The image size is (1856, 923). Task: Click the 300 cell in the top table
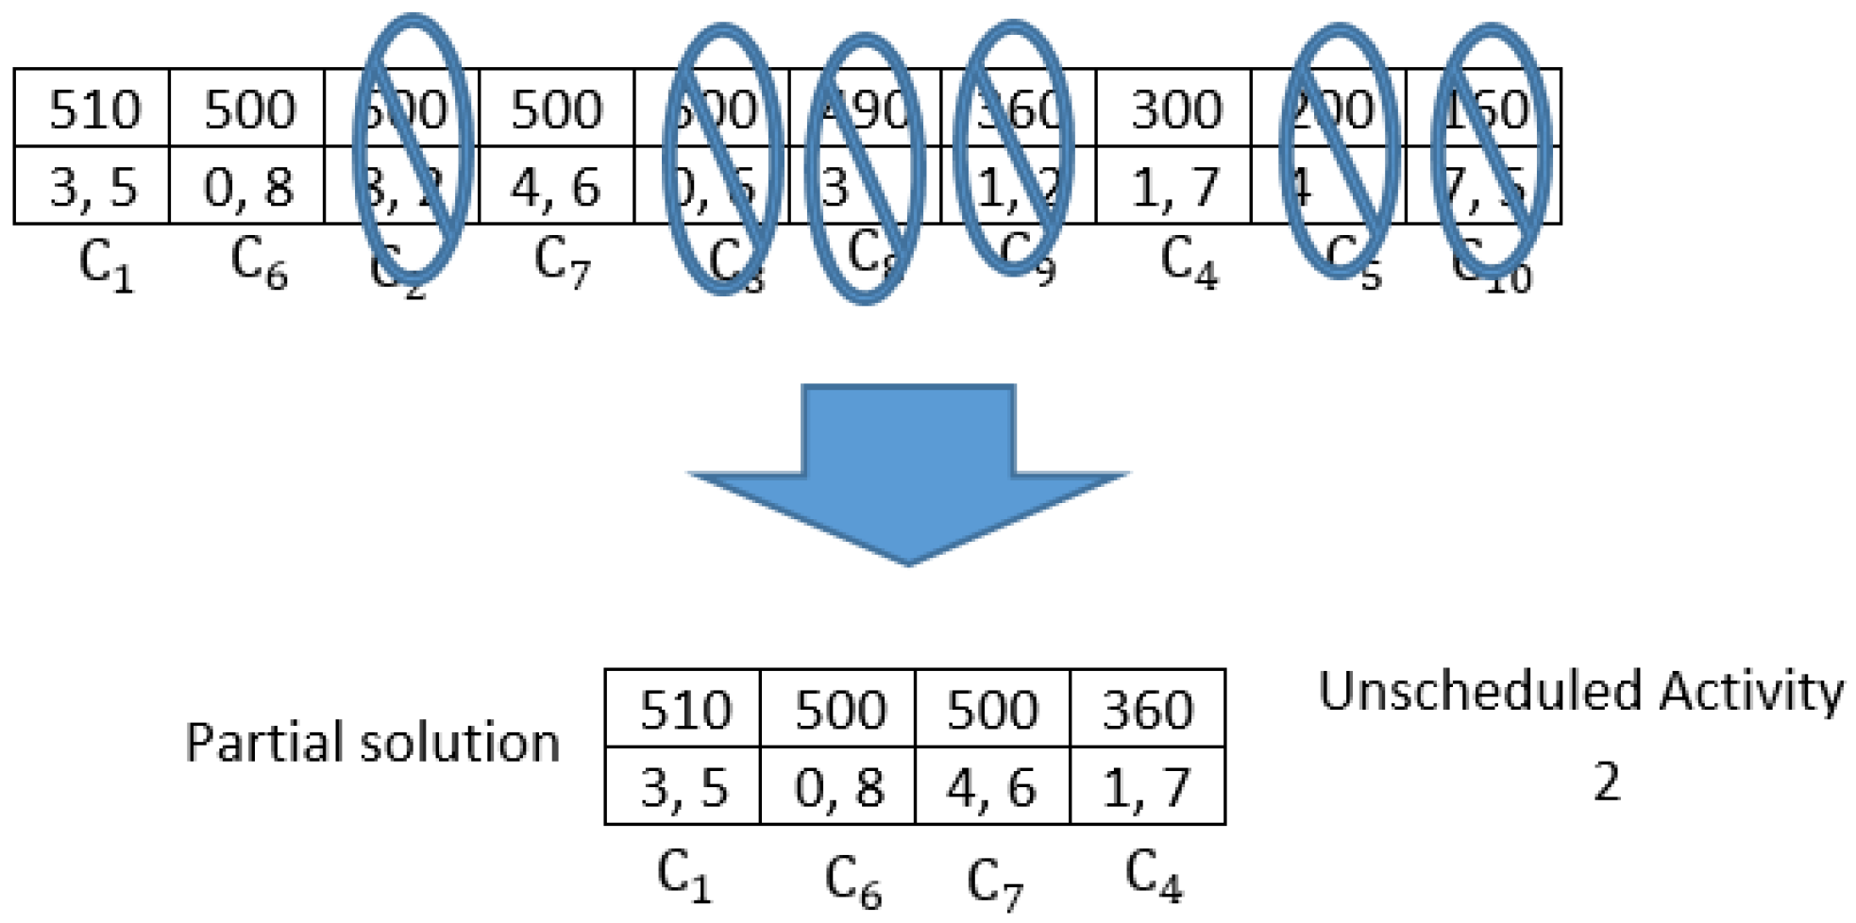tap(1174, 109)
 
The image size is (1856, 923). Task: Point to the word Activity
tap(1751, 691)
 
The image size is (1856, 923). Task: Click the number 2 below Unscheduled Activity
tap(1607, 781)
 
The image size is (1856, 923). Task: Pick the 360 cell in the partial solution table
tap(1148, 710)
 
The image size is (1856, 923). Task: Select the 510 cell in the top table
tap(93, 109)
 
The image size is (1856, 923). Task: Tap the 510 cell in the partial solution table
tap(684, 710)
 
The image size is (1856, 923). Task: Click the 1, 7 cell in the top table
tap(1174, 187)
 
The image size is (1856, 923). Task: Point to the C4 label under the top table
tap(1188, 261)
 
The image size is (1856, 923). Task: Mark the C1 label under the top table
tap(106, 264)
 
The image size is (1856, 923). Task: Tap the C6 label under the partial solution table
tap(852, 881)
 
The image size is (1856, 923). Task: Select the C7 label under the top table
tap(562, 261)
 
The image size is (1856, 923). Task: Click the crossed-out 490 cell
tap(866, 109)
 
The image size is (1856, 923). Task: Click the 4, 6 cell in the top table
tap(556, 187)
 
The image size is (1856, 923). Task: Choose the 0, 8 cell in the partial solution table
tap(838, 787)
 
